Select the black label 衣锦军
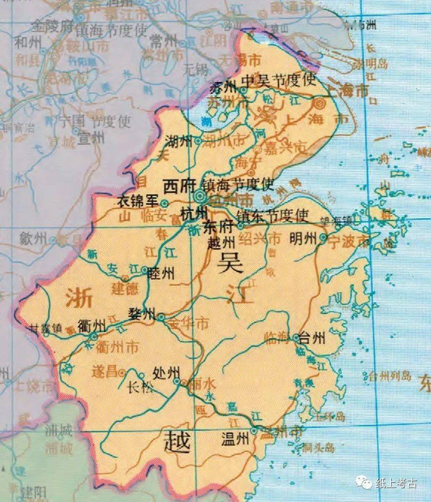pyautogui.click(x=137, y=202)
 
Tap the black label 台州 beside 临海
pyautogui.click(x=313, y=339)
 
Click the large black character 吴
pyautogui.click(x=229, y=261)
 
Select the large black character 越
pyautogui.click(x=177, y=442)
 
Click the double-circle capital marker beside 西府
pyautogui.click(x=201, y=197)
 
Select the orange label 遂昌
pyautogui.click(x=106, y=371)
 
